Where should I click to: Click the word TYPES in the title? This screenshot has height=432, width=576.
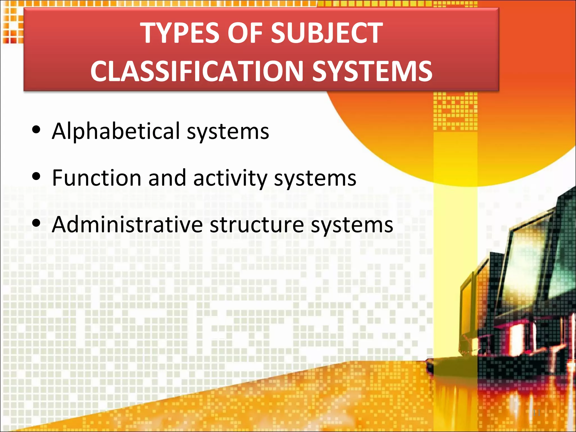point(180,33)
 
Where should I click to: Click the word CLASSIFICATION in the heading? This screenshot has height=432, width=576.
point(197,71)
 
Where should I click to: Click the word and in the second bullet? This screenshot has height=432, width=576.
point(167,178)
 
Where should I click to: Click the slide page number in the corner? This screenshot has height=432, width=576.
point(537,413)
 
